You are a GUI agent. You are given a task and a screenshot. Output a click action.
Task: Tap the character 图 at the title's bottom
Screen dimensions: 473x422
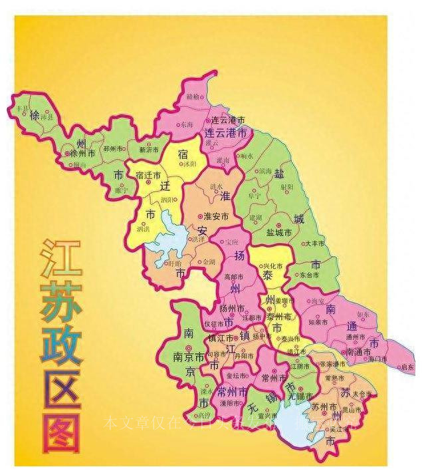pyautogui.click(x=61, y=433)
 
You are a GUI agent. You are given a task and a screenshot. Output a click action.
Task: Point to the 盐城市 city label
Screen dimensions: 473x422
pyautogui.click(x=280, y=232)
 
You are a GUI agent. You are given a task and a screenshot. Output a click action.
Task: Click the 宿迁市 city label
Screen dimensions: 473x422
pyautogui.click(x=148, y=176)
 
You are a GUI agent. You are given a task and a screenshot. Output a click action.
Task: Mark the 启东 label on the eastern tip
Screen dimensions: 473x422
pyautogui.click(x=406, y=367)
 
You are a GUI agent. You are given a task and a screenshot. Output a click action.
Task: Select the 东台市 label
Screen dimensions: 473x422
pyautogui.click(x=310, y=273)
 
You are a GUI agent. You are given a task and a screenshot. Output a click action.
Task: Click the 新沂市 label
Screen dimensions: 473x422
pyautogui.click(x=149, y=150)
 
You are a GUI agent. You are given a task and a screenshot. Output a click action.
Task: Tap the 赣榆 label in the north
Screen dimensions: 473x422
pyautogui.click(x=193, y=96)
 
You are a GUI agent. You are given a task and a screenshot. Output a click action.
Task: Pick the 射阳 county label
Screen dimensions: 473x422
pyautogui.click(x=287, y=187)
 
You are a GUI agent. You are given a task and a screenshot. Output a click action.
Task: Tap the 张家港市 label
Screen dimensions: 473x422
pyautogui.click(x=332, y=364)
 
